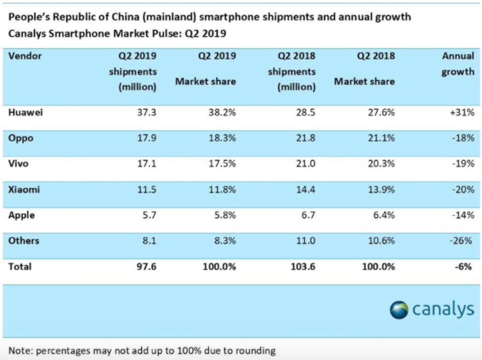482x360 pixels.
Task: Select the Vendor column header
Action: click(x=25, y=56)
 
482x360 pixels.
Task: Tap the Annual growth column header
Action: click(x=457, y=63)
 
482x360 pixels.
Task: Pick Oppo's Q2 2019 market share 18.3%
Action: click(x=221, y=138)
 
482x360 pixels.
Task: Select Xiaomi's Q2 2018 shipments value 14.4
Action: click(x=306, y=190)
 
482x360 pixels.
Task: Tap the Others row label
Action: click(x=24, y=240)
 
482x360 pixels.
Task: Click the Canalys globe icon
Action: click(x=399, y=310)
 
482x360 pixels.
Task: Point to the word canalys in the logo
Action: click(x=442, y=309)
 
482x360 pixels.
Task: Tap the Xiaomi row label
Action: click(x=24, y=190)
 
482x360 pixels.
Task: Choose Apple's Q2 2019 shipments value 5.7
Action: click(x=149, y=215)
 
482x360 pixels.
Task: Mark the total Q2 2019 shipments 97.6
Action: click(x=147, y=266)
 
